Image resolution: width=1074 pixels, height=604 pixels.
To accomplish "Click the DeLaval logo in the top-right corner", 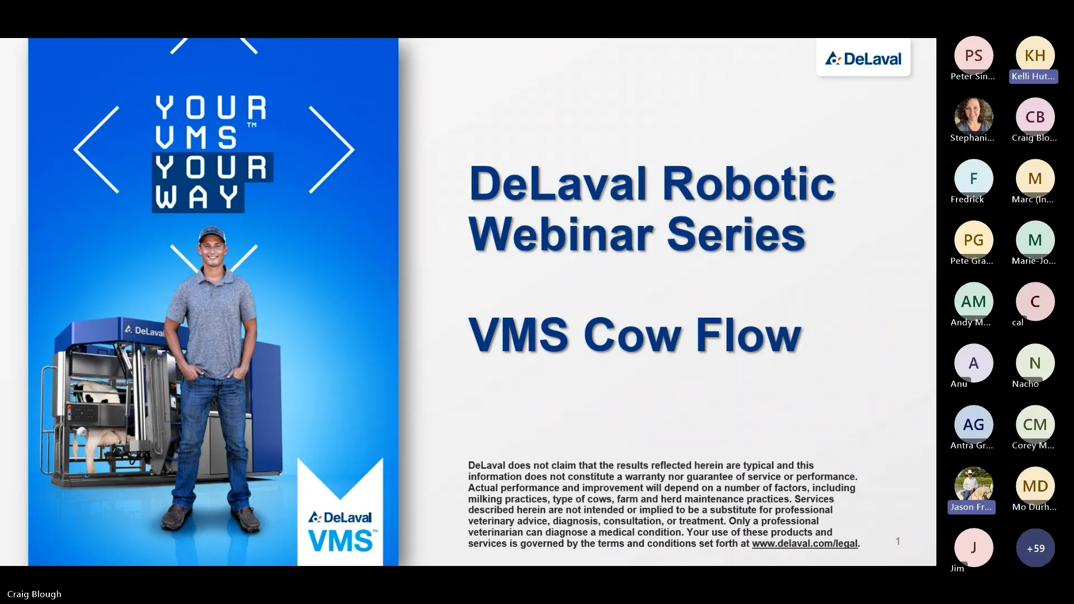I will coord(864,58).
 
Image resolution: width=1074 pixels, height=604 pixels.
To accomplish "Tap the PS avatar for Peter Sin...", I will coord(973,55).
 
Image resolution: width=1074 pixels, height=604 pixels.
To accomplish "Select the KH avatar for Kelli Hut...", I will coord(1035,55).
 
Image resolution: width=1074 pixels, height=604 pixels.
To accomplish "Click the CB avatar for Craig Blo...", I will coord(1035,117).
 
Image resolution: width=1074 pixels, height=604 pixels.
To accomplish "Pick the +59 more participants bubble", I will coord(1035,548).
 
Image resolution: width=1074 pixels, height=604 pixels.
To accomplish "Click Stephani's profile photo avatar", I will coord(973,116).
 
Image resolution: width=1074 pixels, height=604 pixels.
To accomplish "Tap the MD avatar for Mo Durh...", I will coord(1035,486).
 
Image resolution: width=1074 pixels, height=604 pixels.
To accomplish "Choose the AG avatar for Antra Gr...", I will coord(973,424).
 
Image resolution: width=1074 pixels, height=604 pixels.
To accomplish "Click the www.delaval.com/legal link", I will coord(804,543).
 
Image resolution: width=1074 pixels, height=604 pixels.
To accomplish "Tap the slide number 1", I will coord(898,541).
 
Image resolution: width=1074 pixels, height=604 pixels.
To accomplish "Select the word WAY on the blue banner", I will coord(197,197).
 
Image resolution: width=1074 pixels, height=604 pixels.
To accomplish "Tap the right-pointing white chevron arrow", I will coord(332,149).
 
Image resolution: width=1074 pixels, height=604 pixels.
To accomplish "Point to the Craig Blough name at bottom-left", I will coord(34,594).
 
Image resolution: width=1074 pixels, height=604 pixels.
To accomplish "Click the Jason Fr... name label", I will coord(971,507).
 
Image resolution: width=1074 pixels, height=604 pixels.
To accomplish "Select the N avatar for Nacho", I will coord(1035,363).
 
